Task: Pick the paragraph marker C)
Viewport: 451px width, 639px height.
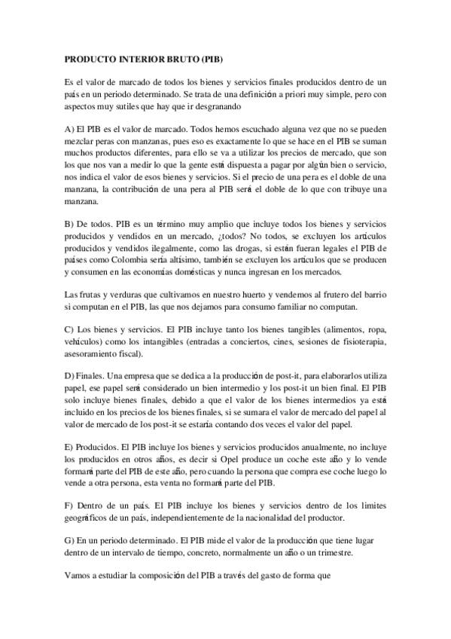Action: click(x=70, y=330)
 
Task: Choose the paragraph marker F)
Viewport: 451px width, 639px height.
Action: click(x=70, y=505)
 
